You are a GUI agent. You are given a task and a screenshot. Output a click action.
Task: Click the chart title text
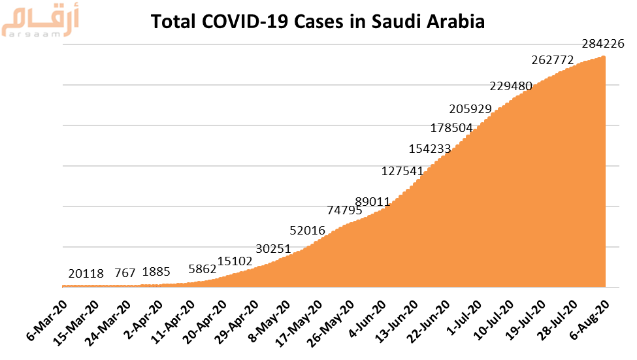pyautogui.click(x=318, y=22)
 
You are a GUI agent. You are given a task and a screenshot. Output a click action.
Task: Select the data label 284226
pyautogui.click(x=603, y=44)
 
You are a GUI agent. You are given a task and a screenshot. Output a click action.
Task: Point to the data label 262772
pyautogui.click(x=553, y=60)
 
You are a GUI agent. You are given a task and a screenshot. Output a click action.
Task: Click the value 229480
pyautogui.click(x=511, y=86)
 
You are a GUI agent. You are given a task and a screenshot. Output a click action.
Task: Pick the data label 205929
pyautogui.click(x=470, y=108)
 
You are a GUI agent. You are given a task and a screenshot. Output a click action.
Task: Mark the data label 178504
pyautogui.click(x=451, y=127)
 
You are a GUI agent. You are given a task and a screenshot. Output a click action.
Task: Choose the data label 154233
pyautogui.click(x=430, y=148)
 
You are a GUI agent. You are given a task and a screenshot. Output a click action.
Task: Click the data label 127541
pyautogui.click(x=402, y=171)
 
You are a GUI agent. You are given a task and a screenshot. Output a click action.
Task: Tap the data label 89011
pyautogui.click(x=372, y=201)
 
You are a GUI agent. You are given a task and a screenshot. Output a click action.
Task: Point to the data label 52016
pyautogui.click(x=308, y=230)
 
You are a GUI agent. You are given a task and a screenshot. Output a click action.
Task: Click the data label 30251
pyautogui.click(x=273, y=249)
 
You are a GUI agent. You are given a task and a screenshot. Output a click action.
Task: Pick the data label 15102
pyautogui.click(x=235, y=261)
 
